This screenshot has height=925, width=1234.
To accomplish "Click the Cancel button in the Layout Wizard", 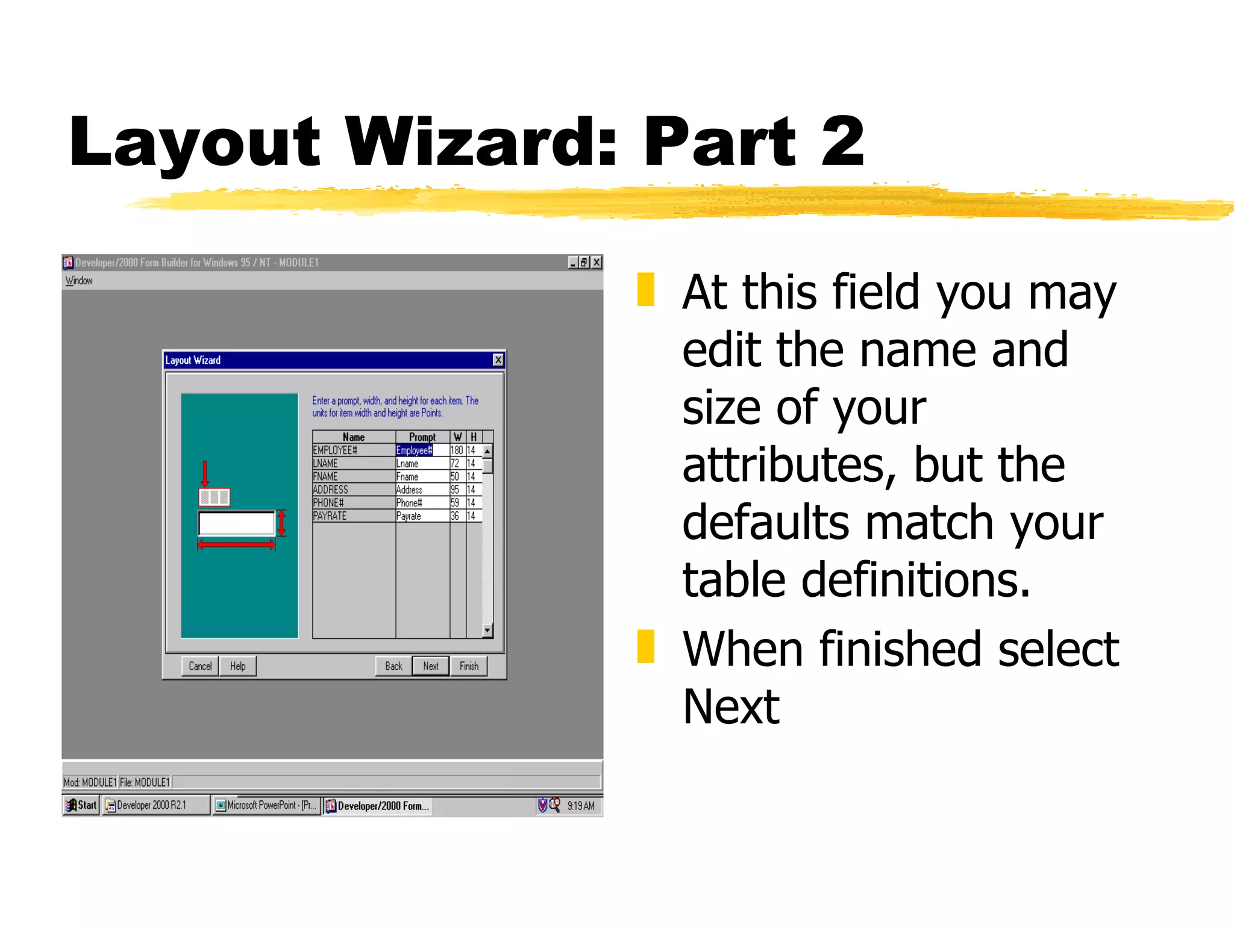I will (x=200, y=666).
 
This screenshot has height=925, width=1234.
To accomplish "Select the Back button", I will (x=393, y=666).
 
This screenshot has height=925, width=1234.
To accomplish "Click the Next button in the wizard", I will (x=431, y=666).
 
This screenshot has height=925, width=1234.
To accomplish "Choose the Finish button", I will (x=469, y=666).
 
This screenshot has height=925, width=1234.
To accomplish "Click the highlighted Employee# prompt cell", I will (x=415, y=450).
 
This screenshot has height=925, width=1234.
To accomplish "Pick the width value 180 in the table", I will (x=457, y=450).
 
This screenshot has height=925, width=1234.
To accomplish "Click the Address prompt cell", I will (x=422, y=490).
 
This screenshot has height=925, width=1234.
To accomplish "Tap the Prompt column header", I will (x=422, y=437).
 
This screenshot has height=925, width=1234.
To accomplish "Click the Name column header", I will (x=354, y=437).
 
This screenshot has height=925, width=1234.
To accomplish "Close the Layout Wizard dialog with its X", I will (x=498, y=360).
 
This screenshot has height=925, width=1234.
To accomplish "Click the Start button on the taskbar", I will (x=81, y=805).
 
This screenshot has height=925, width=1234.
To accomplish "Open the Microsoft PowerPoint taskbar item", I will (x=266, y=805).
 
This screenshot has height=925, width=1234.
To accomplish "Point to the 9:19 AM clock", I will (x=581, y=806).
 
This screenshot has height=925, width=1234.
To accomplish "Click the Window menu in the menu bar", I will (x=79, y=281).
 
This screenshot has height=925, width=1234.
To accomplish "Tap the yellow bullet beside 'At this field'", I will (x=646, y=290).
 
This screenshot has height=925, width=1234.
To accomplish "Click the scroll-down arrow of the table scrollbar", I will (x=487, y=631).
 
